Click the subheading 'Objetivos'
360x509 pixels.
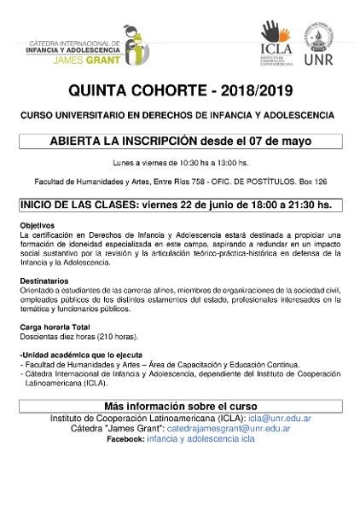(x=37, y=225)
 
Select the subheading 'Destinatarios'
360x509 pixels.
(x=44, y=280)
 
